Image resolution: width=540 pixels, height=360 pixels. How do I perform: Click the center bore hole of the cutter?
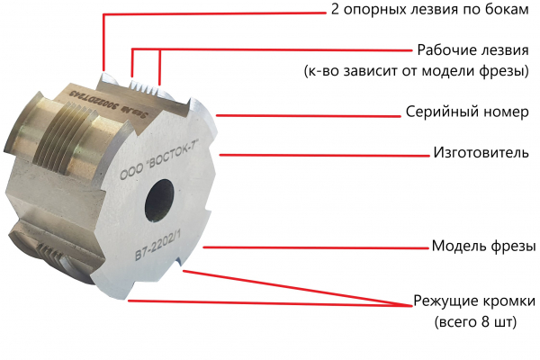159,201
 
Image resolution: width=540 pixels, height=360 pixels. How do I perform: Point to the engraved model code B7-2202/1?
157,246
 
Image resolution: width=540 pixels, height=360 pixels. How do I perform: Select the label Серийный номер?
467,112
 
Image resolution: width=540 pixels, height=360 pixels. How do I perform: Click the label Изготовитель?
481,152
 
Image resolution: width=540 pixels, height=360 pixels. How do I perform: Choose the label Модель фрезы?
483,246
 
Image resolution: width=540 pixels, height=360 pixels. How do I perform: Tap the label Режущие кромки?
474,301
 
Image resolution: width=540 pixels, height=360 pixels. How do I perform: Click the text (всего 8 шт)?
475,322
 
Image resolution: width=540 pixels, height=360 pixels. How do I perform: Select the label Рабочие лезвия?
472,50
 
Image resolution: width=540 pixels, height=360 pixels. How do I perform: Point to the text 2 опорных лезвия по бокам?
430,10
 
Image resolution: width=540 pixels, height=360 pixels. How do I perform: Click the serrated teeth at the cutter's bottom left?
49,253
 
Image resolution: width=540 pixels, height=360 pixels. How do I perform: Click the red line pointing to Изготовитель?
324,156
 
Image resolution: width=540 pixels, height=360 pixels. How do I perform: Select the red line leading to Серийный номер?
309,116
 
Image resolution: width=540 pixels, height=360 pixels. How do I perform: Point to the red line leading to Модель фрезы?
316,247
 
